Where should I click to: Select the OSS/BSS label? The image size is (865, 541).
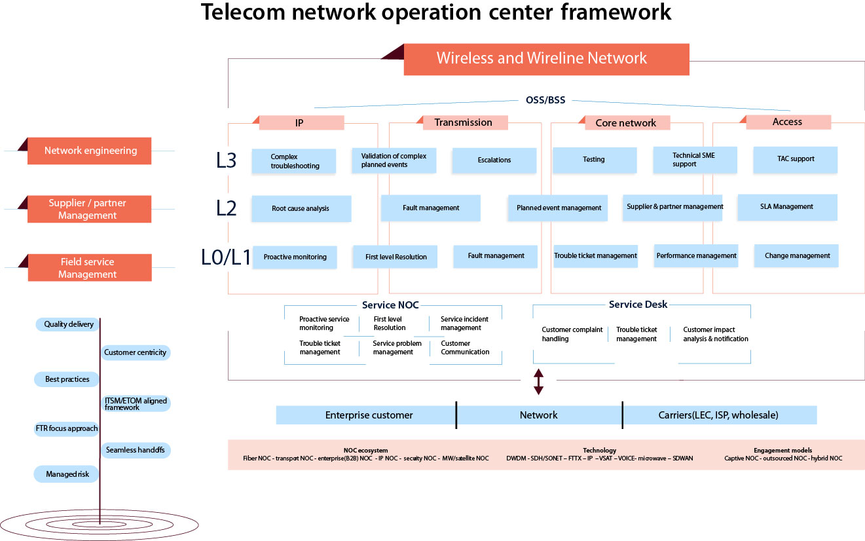click(x=545, y=101)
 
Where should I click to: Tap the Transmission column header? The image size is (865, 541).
click(x=463, y=122)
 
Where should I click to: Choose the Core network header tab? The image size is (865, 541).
click(x=625, y=122)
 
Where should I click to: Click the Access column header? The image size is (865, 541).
click(x=788, y=122)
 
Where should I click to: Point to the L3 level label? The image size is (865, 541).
click(x=226, y=160)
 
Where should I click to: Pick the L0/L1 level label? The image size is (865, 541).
click(x=226, y=257)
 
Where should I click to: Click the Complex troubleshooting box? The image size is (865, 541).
click(x=294, y=161)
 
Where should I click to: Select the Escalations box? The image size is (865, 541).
click(x=494, y=160)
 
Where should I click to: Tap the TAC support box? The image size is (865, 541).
click(x=795, y=159)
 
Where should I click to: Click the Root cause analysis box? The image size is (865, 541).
click(x=301, y=208)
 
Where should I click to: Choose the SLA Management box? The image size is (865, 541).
click(x=787, y=207)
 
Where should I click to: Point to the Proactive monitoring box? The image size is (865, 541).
click(x=295, y=257)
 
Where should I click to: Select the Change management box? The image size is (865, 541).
click(x=797, y=256)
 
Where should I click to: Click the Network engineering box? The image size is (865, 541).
click(x=90, y=151)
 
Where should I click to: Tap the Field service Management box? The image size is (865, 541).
click(x=90, y=268)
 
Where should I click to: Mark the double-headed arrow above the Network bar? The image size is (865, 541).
click(x=538, y=382)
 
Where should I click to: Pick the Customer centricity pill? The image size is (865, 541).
click(x=136, y=352)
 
